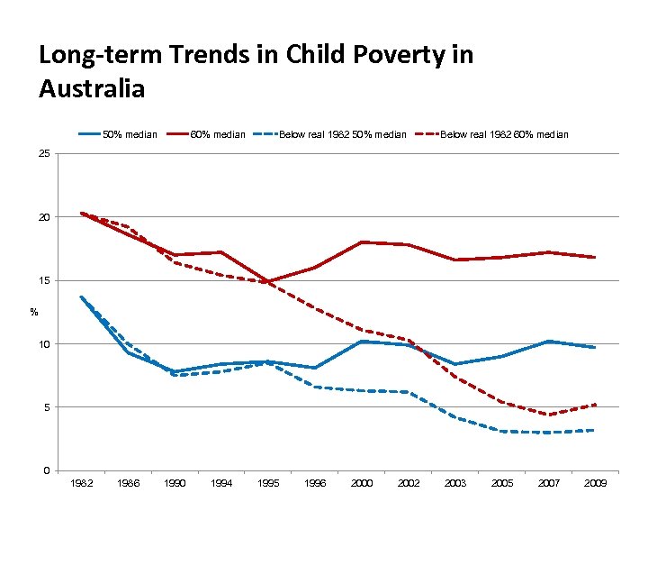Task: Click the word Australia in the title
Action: [92, 88]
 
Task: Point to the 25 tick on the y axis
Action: [44, 154]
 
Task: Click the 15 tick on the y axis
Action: [44, 281]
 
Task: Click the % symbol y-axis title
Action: [33, 313]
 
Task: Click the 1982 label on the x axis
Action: [81, 484]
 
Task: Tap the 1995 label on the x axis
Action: [268, 484]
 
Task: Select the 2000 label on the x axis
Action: [362, 484]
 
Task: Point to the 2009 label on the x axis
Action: [595, 484]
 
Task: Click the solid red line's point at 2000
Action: [362, 242]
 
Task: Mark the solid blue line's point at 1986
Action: [129, 352]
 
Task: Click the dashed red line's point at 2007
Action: [549, 415]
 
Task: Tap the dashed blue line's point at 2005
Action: [502, 431]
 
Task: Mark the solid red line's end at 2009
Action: [595, 257]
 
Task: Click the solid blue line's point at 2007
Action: [549, 342]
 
